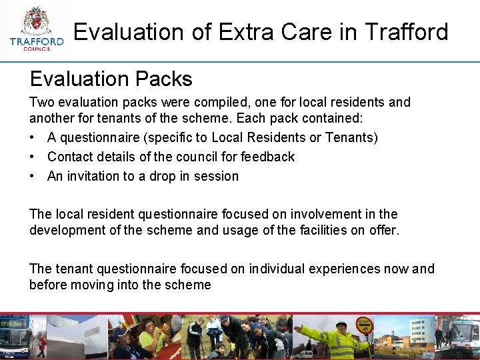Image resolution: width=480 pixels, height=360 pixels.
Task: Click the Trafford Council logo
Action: pos(37,30)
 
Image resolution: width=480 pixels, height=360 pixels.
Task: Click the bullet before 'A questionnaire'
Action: pos(33,138)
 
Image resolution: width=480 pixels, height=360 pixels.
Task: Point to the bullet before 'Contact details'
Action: pos(33,157)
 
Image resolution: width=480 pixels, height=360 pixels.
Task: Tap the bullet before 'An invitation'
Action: pos(33,177)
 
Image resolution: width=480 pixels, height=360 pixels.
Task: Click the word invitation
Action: pos(94,177)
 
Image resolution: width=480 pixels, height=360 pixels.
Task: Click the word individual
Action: pos(281,269)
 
